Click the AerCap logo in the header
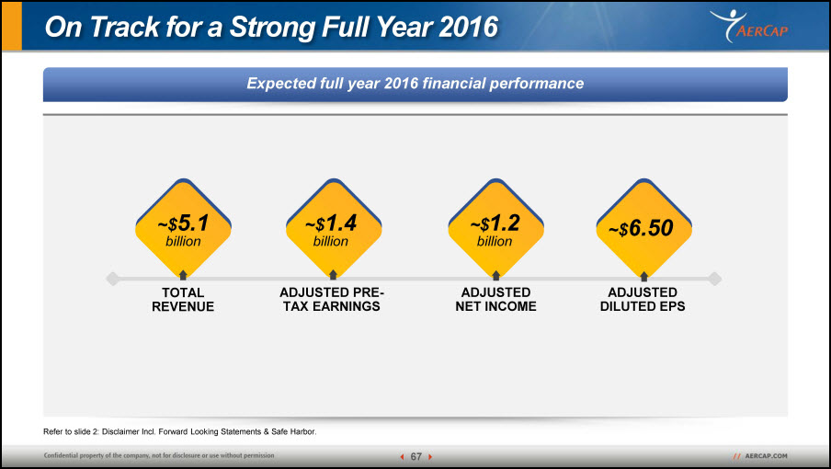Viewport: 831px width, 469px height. tap(749, 26)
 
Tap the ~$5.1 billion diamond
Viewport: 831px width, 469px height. tap(183, 228)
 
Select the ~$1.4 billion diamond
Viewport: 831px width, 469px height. tap(334, 228)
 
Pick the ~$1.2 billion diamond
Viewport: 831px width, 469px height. tap(496, 228)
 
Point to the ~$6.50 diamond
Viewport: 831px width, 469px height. tap(643, 228)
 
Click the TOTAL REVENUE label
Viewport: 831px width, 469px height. tap(183, 300)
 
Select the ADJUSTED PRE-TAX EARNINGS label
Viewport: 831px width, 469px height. tap(332, 300)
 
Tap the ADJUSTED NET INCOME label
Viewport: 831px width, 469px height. tap(496, 300)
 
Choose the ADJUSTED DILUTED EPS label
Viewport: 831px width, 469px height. tap(643, 300)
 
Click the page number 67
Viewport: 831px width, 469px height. tap(416, 456)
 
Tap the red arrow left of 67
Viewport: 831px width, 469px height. tap(402, 456)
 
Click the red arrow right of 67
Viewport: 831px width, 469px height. tap(430, 456)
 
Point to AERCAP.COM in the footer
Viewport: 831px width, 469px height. tap(766, 456)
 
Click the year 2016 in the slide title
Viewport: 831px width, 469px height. tap(469, 27)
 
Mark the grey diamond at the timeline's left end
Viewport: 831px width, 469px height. tap(112, 279)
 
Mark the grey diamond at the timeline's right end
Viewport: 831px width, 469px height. tap(715, 279)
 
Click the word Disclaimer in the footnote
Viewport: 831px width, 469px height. tap(120, 431)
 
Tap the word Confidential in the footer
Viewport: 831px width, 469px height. tap(60, 455)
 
